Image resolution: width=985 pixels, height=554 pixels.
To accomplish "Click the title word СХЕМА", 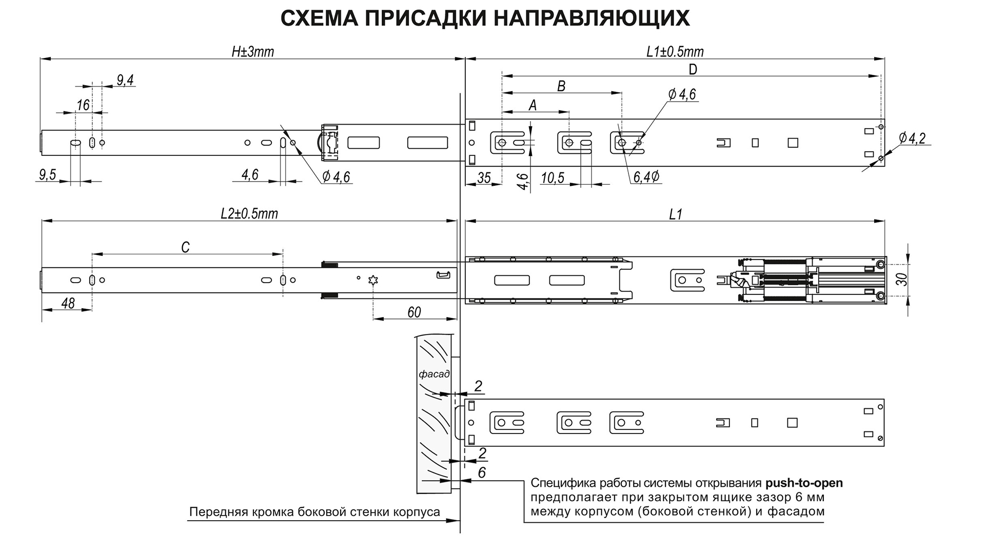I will pyautogui.click(x=319, y=18).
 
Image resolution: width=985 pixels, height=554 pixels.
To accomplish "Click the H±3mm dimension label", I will pyautogui.click(x=252, y=52).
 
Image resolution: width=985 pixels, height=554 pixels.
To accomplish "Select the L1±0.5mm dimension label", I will pyautogui.click(x=675, y=52).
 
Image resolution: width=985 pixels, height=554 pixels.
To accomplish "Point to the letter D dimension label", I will pyautogui.click(x=693, y=69).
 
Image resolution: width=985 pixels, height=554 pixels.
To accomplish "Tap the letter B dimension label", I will pyautogui.click(x=561, y=86).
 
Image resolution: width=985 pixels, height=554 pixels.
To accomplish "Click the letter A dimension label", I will pyautogui.click(x=533, y=105).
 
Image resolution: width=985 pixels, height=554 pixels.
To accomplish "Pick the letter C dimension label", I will pyautogui.click(x=185, y=247).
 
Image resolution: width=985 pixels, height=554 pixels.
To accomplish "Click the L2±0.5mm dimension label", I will pyautogui.click(x=249, y=213).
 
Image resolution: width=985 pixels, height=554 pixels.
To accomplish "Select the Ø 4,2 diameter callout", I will pyautogui.click(x=912, y=137).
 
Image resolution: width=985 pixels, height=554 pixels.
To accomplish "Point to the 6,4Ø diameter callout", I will pyautogui.click(x=646, y=177).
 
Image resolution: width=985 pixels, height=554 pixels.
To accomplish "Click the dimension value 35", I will pyautogui.click(x=484, y=178).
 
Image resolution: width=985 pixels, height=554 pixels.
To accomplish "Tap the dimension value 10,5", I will pyautogui.click(x=553, y=178).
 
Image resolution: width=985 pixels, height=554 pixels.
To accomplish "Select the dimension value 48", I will pyautogui.click(x=68, y=303).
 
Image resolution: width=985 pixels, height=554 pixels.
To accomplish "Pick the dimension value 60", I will pyautogui.click(x=414, y=312).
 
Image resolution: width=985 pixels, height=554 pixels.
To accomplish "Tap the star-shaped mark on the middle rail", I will pyautogui.click(x=373, y=280).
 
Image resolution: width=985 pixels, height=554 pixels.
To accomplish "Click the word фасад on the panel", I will pyautogui.click(x=434, y=374).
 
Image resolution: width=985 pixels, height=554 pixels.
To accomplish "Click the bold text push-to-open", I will pyautogui.click(x=803, y=483).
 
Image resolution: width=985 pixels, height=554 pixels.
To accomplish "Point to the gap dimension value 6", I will pyautogui.click(x=481, y=472).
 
